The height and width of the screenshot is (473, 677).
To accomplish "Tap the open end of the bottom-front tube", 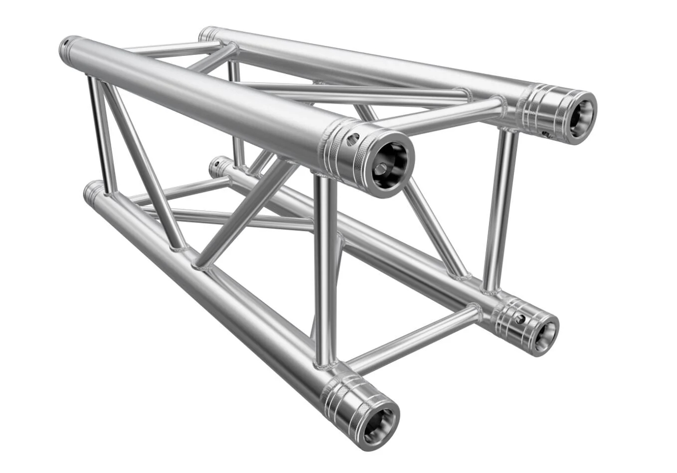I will click(377, 425).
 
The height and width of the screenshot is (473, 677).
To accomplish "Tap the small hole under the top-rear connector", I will click(546, 134).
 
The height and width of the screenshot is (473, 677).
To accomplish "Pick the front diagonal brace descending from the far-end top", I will click(142, 165).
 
